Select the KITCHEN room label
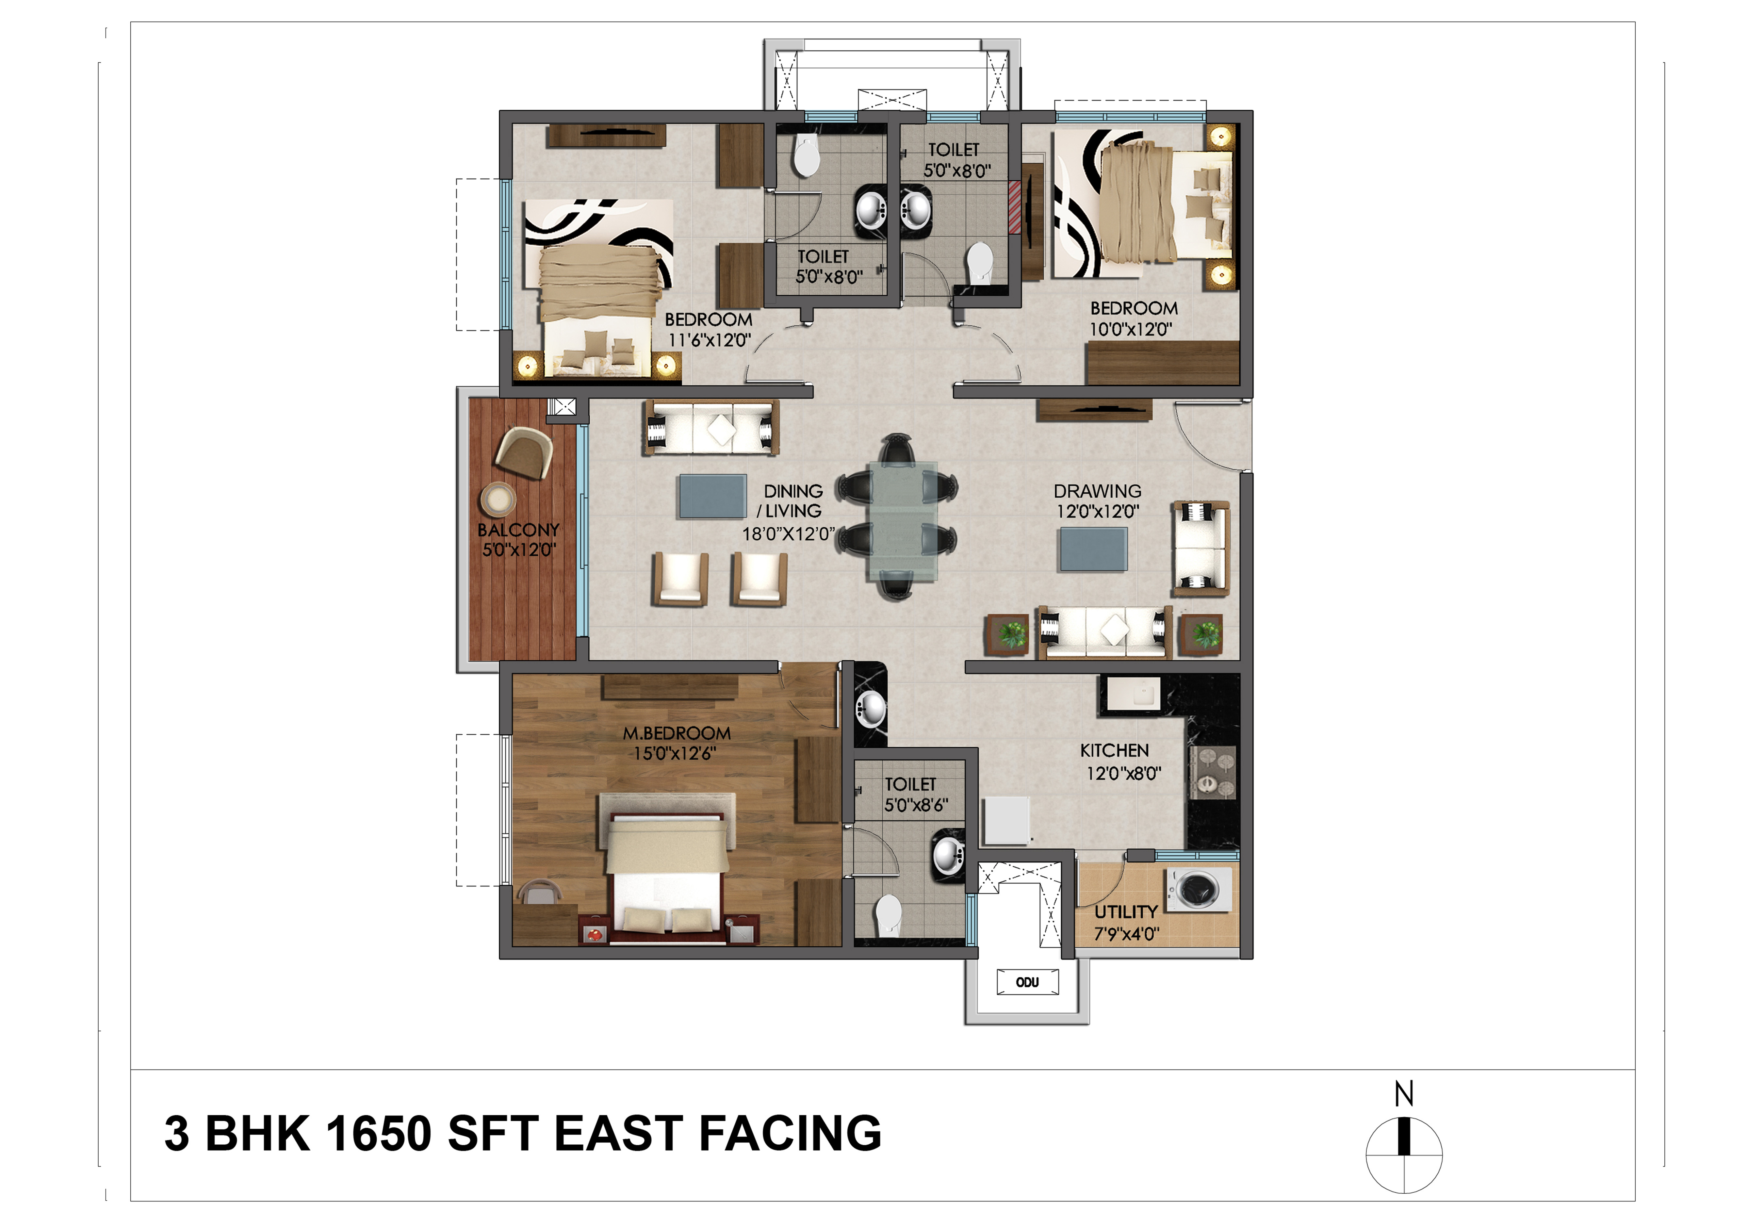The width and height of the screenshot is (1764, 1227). [1114, 751]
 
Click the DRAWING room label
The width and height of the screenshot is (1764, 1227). [1097, 491]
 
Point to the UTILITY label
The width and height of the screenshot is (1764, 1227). [1126, 912]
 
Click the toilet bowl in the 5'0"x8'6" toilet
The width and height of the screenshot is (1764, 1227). [888, 914]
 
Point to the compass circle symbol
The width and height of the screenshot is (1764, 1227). [1404, 1155]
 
